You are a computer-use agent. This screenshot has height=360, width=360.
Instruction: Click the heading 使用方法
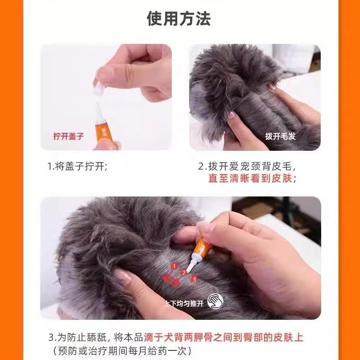179,18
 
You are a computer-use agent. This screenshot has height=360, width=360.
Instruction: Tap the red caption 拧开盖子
69,136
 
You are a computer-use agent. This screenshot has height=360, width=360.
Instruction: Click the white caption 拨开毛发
281,136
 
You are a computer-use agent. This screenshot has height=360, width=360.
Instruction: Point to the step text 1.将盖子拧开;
77,166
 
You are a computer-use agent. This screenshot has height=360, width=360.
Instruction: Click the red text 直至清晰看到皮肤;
252,178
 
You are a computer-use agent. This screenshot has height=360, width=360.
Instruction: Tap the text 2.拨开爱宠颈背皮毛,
247,166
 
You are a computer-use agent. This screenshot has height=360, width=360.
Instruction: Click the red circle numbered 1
174,266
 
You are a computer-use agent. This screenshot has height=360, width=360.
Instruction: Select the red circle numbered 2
184,273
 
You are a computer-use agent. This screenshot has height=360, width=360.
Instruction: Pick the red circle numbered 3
194,279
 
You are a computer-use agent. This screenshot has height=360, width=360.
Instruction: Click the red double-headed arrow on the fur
171,280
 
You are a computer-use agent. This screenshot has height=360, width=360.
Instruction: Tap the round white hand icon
215,301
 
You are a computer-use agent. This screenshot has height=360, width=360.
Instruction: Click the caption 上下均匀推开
184,303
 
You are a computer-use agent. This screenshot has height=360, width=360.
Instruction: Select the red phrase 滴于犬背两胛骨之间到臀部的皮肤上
223,338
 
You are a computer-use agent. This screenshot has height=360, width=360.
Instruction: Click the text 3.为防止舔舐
78,338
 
